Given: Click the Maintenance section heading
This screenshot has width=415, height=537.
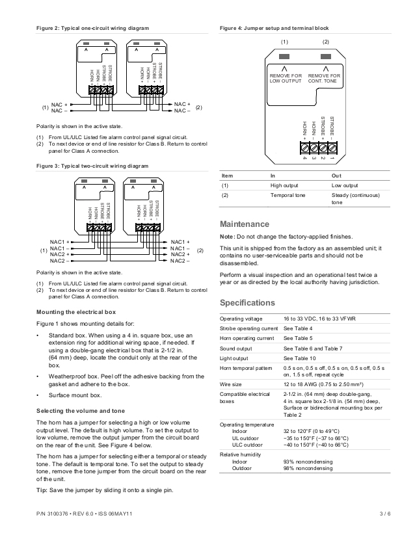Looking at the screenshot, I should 244,224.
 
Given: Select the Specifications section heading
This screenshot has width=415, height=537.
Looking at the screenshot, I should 247,303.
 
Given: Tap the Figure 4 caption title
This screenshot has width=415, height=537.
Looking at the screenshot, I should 274,29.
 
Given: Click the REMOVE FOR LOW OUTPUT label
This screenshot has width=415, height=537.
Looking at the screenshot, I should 286,79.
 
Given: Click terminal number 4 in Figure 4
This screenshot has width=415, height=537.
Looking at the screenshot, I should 304,158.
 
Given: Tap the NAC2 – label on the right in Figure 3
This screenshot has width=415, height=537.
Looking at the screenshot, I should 180,261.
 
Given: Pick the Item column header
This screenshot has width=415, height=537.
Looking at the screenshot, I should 228,176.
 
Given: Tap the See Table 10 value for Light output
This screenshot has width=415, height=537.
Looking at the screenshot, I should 300,358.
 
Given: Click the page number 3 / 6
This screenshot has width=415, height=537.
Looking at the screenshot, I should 384,514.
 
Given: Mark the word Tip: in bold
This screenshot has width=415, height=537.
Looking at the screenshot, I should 43,490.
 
